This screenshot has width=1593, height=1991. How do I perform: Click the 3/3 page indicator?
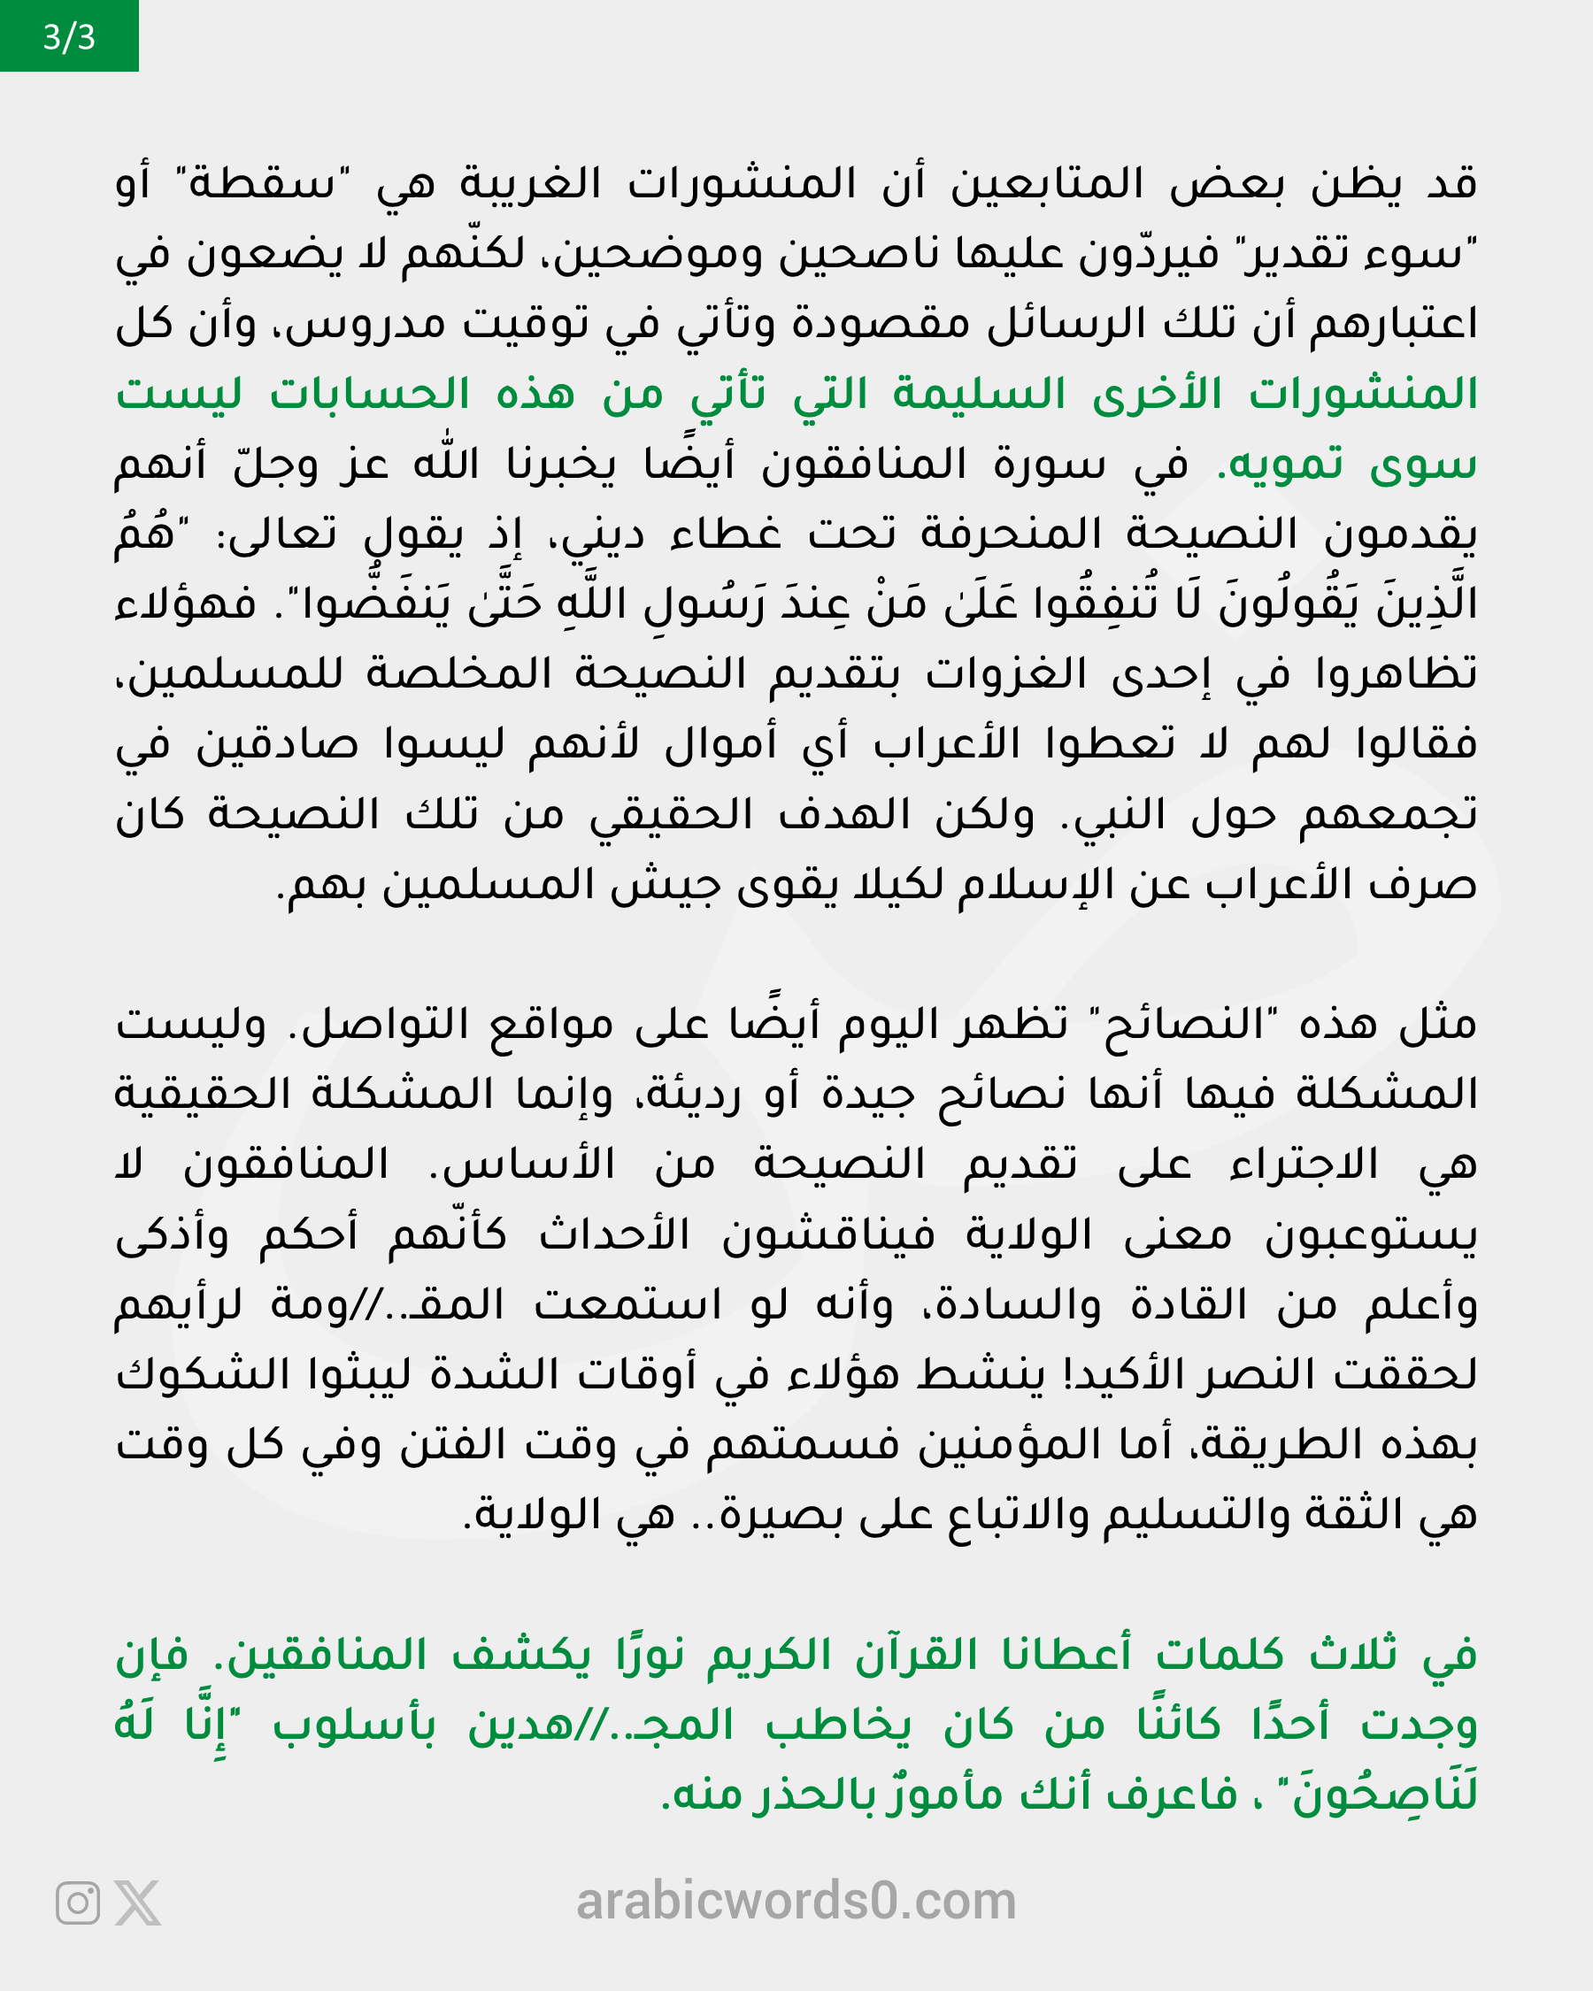68,37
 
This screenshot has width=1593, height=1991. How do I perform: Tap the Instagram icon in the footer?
78,1903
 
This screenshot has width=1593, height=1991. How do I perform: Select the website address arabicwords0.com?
796,1901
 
